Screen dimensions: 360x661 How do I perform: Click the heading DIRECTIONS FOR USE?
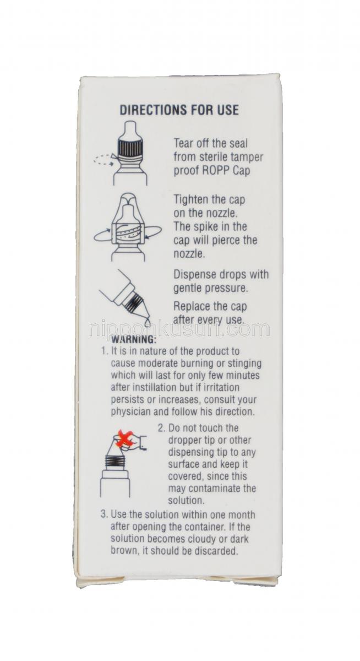pyautogui.click(x=179, y=110)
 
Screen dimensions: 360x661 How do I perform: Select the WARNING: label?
pyautogui.click(x=133, y=339)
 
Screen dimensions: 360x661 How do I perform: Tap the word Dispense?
pyautogui.click(x=195, y=275)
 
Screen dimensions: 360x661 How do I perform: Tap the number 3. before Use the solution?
pyautogui.click(x=105, y=514)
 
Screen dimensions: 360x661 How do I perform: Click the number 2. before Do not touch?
pyautogui.click(x=162, y=428)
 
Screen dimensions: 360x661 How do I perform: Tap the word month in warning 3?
pyautogui.click(x=241, y=515)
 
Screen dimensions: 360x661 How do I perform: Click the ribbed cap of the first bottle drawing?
pyautogui.click(x=129, y=147)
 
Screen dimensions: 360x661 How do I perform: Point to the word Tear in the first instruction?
pyautogui.click(x=183, y=143)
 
